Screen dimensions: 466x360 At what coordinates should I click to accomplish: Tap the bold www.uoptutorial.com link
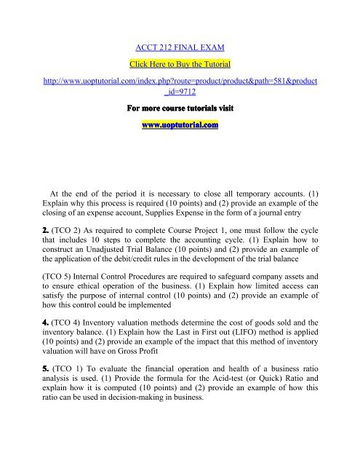[180, 125]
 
